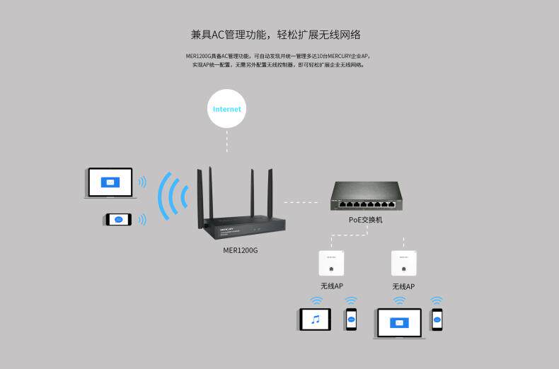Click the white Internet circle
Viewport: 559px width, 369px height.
pos(227,109)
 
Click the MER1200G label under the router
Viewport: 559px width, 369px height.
pos(241,250)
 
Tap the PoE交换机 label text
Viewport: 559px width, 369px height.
pos(366,220)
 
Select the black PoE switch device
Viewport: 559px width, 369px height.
pos(367,197)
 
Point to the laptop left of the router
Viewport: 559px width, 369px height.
pos(110,182)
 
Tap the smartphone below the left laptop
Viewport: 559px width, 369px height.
pos(118,219)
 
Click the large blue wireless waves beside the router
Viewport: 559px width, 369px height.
pos(173,196)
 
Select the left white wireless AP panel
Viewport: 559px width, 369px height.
pos(331,264)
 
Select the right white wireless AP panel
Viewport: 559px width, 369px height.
pos(403,264)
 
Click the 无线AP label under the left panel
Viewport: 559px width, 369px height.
pos(331,286)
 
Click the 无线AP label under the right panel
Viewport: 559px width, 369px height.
pos(403,286)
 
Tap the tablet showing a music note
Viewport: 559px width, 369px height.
pos(316,320)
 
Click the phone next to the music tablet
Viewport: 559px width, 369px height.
pos(351,319)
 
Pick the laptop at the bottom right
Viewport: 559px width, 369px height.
pos(400,323)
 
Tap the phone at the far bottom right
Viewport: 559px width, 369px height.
pos(437,320)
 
